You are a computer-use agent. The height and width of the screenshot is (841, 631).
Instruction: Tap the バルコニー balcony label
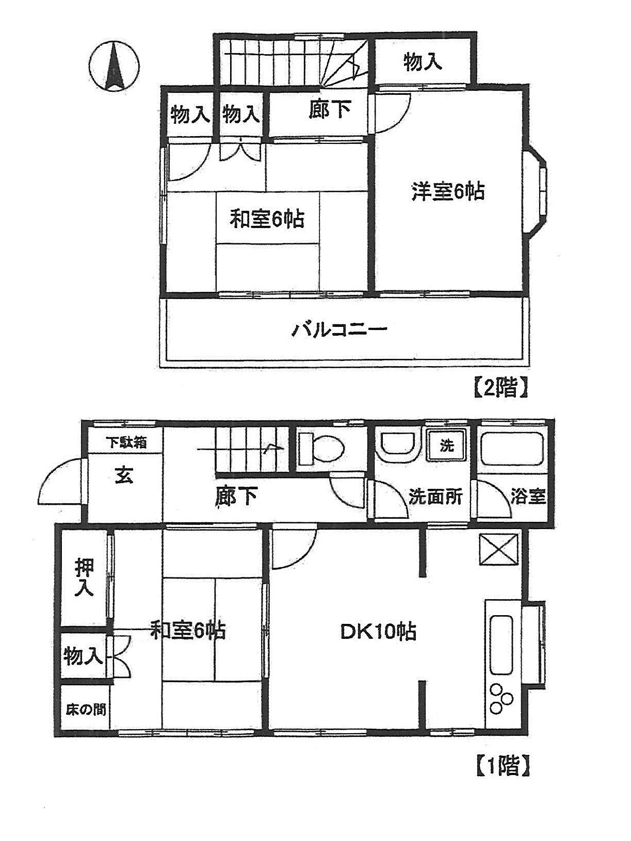click(x=339, y=329)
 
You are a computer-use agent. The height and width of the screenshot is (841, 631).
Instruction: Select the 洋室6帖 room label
click(x=448, y=192)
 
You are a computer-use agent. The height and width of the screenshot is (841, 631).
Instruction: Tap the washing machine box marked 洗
click(x=447, y=444)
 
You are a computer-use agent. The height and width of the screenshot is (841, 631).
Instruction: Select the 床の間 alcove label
click(x=86, y=710)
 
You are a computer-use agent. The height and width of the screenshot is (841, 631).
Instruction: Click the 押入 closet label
click(x=85, y=577)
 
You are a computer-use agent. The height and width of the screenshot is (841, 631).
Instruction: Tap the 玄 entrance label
click(x=124, y=474)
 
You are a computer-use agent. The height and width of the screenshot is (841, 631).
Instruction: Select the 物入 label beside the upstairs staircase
click(x=423, y=62)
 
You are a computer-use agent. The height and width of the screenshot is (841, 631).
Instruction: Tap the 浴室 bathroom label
click(x=528, y=497)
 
